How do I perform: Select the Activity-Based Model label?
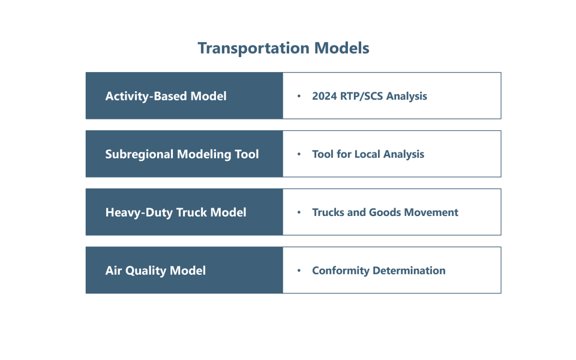coord(166,96)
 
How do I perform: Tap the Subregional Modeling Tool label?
coord(182,154)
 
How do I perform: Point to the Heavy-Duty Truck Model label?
coord(176,212)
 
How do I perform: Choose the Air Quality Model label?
coord(155,271)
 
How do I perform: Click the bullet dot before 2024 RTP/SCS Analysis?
coord(299,97)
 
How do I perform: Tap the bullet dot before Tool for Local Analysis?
coord(299,155)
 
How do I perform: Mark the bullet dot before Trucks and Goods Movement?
coord(299,213)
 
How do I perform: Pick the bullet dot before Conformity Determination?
coord(299,271)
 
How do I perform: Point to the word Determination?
coord(409,271)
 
